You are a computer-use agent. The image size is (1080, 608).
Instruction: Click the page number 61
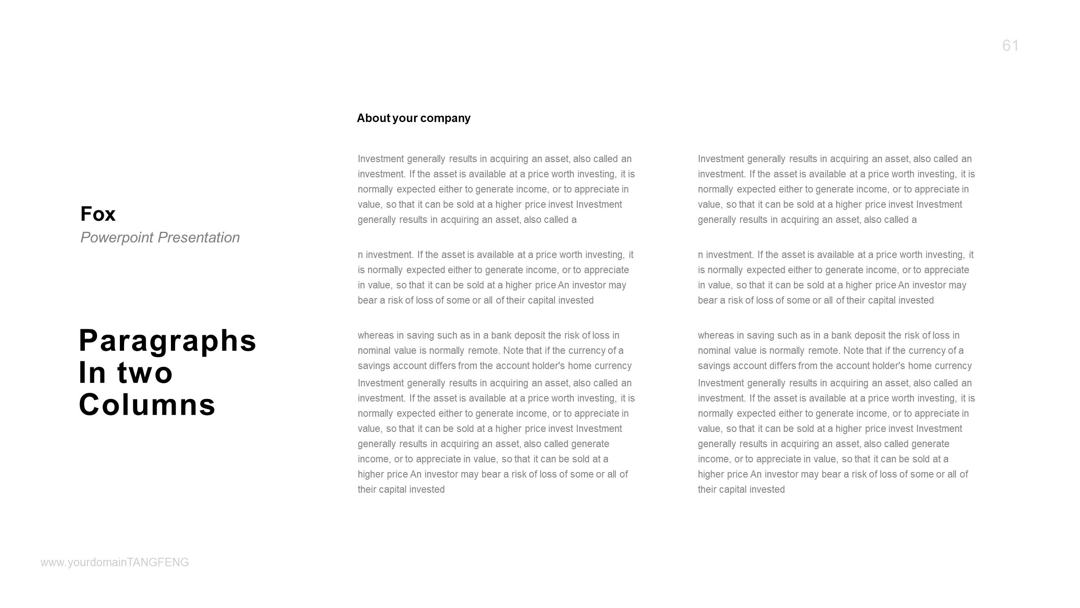pyautogui.click(x=1010, y=46)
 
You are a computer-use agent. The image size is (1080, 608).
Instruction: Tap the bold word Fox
pyautogui.click(x=98, y=214)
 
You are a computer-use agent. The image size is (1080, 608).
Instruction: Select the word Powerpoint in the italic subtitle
pyautogui.click(x=117, y=238)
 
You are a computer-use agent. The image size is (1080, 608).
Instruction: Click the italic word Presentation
pyautogui.click(x=198, y=238)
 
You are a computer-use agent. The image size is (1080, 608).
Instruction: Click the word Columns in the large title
pyautogui.click(x=147, y=404)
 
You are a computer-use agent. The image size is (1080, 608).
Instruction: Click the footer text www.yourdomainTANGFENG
pyautogui.click(x=115, y=562)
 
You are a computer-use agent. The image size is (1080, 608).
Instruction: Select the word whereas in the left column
pyautogui.click(x=376, y=336)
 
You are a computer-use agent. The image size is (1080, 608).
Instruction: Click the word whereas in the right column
pyautogui.click(x=716, y=336)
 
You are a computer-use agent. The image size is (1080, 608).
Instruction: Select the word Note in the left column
pyautogui.click(x=513, y=351)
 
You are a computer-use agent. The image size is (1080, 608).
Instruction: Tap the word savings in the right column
pyautogui.click(x=714, y=366)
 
